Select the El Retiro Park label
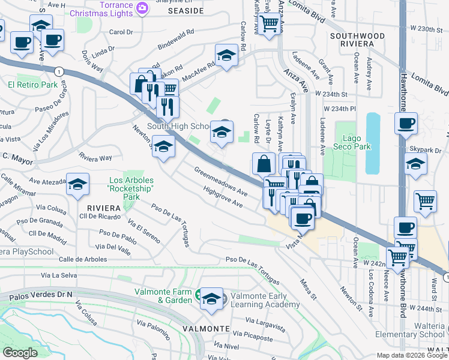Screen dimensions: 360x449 coord(33,85)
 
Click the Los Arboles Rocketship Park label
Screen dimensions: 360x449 coord(131,188)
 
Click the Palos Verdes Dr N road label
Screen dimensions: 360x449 coord(36,294)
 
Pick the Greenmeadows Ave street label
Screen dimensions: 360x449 coord(220,181)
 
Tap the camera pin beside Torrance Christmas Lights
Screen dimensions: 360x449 coord(142,7)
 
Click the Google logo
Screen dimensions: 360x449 coord(20,353)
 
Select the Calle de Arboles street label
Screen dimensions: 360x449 coord(83,259)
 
